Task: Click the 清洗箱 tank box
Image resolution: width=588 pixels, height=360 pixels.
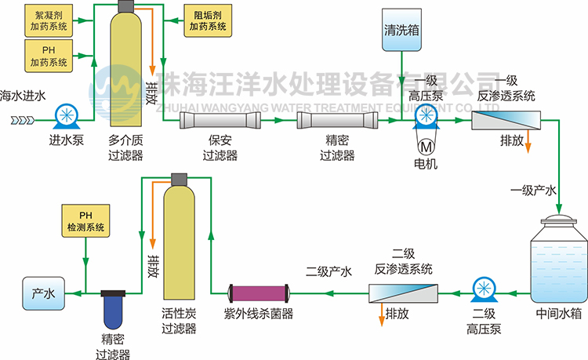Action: (x=401, y=31)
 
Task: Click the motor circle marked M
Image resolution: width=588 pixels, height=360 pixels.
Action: (x=426, y=146)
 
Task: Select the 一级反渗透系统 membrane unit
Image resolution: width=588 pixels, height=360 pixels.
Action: (x=509, y=120)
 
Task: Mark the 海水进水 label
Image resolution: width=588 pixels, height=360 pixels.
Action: (x=24, y=96)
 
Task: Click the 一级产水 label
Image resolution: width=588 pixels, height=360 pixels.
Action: (x=534, y=190)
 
